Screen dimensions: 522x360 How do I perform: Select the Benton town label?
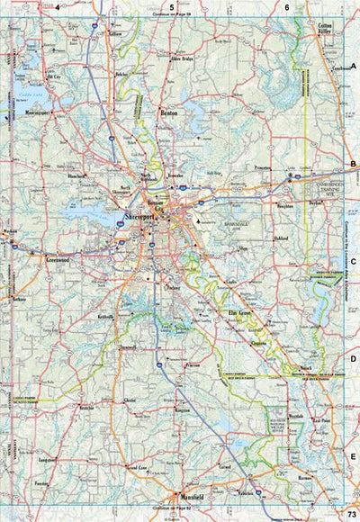[167, 114]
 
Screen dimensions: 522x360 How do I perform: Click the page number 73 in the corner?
[350, 511]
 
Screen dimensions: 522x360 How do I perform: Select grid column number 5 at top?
[172, 6]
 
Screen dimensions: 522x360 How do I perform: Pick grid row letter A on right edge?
[354, 67]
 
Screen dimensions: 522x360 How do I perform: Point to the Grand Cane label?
[137, 468]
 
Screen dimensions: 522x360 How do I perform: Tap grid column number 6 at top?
[286, 6]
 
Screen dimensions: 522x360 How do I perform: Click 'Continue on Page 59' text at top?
[171, 15]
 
